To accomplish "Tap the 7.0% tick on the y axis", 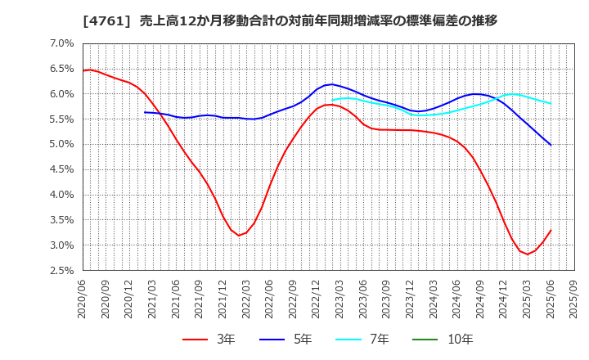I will tap(62, 43).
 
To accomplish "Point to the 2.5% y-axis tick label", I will tap(62, 271).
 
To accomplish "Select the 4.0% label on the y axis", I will tap(62, 195).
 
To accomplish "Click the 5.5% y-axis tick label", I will tap(62, 119).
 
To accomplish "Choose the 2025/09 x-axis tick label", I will tap(578, 299).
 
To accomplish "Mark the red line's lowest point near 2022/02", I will tap(239, 236).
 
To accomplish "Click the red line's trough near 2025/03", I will tap(528, 254).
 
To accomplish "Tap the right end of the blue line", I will tap(551, 145).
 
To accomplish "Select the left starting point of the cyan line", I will tap(332, 100).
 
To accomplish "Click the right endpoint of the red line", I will tap(551, 230).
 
